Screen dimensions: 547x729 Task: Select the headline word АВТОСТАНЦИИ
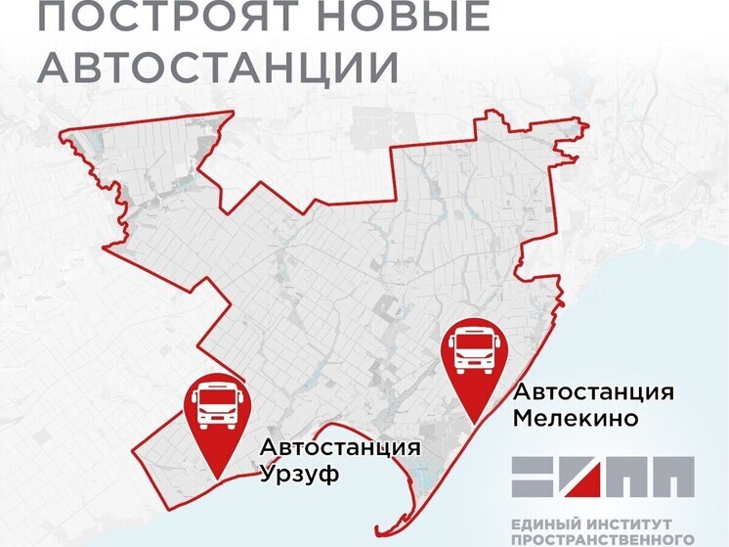(x=223, y=67)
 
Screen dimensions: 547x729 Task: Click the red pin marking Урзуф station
(x=217, y=416)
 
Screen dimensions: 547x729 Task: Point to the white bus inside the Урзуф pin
(x=217, y=407)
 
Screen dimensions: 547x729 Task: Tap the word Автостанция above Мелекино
(x=594, y=392)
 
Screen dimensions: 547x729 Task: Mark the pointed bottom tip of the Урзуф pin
(x=217, y=477)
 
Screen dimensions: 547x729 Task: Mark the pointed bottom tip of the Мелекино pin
(x=474, y=422)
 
